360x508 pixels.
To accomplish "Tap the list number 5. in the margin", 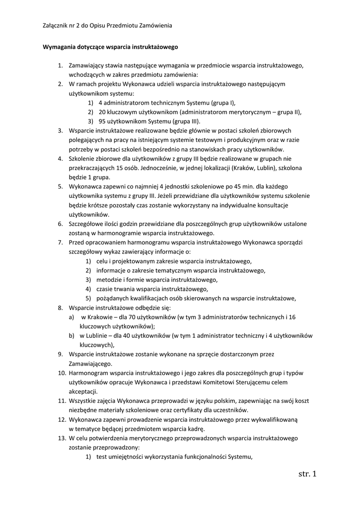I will pos(60,187).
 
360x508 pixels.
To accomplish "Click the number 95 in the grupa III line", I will pos(102,121).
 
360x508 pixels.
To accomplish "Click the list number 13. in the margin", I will pos(61,439).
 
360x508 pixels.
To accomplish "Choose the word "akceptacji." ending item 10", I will pos(83,391).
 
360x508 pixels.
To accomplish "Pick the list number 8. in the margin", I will pos(60,308).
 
